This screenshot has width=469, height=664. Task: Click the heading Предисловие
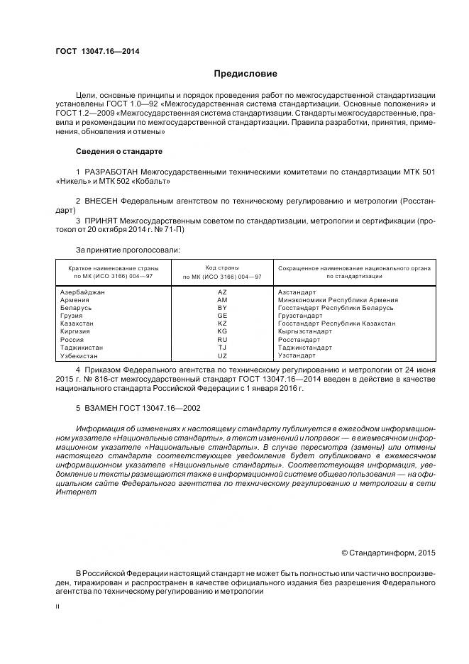point(245,74)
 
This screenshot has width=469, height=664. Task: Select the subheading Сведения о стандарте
point(119,152)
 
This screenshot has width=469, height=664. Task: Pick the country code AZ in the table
point(222,292)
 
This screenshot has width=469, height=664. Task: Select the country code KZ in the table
point(222,323)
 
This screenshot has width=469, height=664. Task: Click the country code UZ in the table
point(222,355)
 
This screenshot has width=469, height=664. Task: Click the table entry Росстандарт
point(299,340)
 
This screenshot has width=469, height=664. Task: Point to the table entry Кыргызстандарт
point(305,331)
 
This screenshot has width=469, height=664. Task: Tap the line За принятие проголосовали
point(128,250)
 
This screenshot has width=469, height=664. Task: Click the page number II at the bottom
point(58,607)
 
